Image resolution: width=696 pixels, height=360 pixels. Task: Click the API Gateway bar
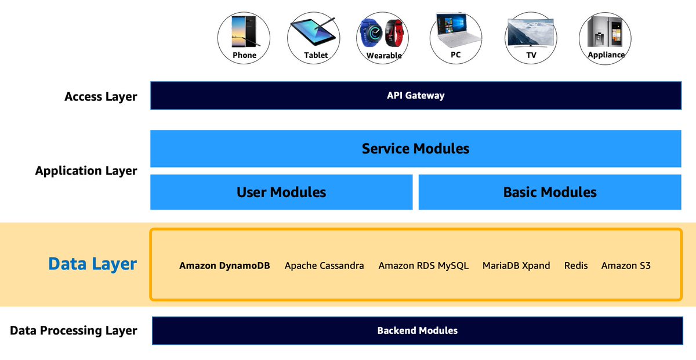pos(415,96)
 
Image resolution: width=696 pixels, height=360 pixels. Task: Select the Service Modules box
pos(415,148)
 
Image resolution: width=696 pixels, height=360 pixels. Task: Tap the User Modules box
pos(281,192)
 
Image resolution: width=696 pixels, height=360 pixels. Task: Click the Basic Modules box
pos(549,192)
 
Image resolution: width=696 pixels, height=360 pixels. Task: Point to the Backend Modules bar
pos(417,330)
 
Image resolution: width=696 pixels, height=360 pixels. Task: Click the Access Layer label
pos(101,96)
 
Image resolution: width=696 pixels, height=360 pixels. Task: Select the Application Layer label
pos(86,171)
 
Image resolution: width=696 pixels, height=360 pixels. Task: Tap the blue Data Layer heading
pos(92,264)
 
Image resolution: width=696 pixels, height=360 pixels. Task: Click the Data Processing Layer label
pos(74,330)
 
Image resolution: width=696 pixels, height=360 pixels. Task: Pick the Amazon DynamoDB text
pos(224,266)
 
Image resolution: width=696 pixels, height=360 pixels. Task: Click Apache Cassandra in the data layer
pos(324,266)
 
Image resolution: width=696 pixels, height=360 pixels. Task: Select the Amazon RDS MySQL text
pos(423,266)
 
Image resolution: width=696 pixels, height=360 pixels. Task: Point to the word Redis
pos(576,266)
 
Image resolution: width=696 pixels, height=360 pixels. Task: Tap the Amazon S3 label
pos(626,266)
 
